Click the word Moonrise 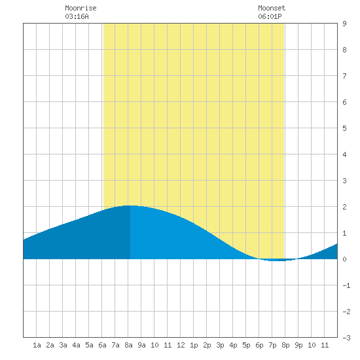tap(81, 8)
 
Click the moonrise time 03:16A tap(77, 16)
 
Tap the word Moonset tap(272, 8)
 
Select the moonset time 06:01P tap(270, 16)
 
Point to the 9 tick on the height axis tap(344, 24)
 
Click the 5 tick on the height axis tap(344, 128)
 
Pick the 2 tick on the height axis tap(344, 207)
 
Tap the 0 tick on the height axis tap(344, 259)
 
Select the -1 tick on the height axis tap(346, 285)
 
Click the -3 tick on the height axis tap(346, 338)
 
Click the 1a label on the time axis tap(37, 345)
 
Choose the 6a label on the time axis tap(102, 345)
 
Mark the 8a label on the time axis tap(128, 345)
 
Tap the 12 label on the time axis tap(181, 345)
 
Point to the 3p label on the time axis tap(220, 345)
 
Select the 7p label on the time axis tap(272, 345)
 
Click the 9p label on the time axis tap(298, 345)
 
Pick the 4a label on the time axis tap(76, 345)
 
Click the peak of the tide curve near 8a tap(129, 206)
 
